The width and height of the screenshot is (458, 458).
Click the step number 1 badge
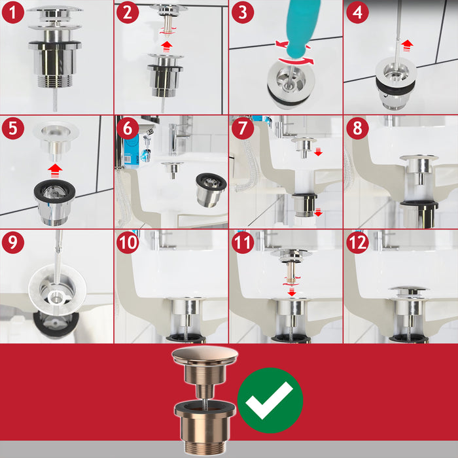13,12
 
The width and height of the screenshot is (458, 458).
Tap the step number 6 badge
128,128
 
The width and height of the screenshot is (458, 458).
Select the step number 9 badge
13,242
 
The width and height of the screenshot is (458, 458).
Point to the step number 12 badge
357,242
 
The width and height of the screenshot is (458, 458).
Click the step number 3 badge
243,12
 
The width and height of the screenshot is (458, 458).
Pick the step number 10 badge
128,242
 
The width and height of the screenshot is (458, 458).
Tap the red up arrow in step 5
55,171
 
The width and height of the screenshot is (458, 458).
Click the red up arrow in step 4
407,46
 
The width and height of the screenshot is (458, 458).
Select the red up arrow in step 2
167,46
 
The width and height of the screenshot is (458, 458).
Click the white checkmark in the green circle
270,400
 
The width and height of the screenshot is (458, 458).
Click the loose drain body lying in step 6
211,190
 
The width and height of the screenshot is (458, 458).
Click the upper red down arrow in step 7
318,152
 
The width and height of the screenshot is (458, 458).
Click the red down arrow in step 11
291,292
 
